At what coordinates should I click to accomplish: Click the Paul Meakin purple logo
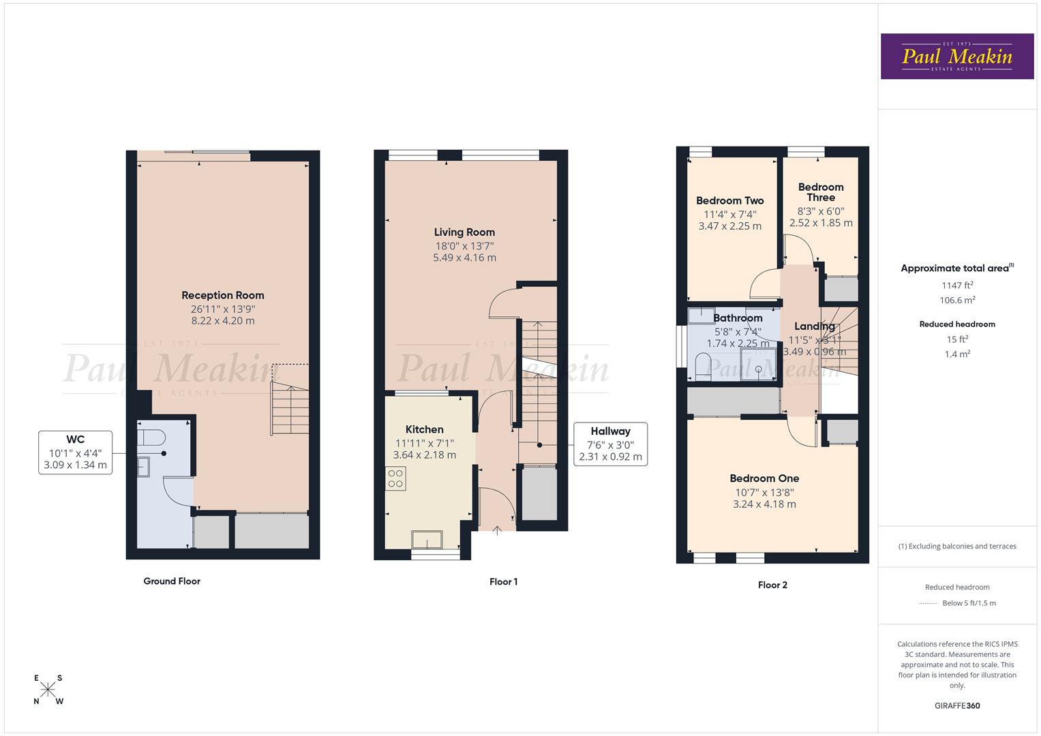pos(956,57)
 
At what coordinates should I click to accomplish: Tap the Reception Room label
pos(222,295)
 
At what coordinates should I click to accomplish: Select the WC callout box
pos(75,453)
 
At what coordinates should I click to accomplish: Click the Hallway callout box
pos(610,444)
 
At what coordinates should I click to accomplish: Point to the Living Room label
pos(464,232)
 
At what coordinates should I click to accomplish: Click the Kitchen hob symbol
pos(395,478)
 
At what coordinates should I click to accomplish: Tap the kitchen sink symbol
pos(427,539)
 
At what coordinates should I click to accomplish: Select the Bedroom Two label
pos(729,201)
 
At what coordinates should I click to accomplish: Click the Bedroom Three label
pos(821,192)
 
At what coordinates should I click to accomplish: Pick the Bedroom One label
pos(764,478)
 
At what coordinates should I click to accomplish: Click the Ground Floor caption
pos(172,581)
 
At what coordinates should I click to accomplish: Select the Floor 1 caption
pos(503,582)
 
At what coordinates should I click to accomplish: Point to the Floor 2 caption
pos(772,585)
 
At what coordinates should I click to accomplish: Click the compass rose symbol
pos(48,690)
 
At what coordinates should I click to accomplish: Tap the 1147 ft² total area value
pos(957,286)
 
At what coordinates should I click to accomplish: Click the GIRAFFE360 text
pos(957,705)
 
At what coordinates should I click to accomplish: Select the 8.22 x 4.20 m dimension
pos(222,321)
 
